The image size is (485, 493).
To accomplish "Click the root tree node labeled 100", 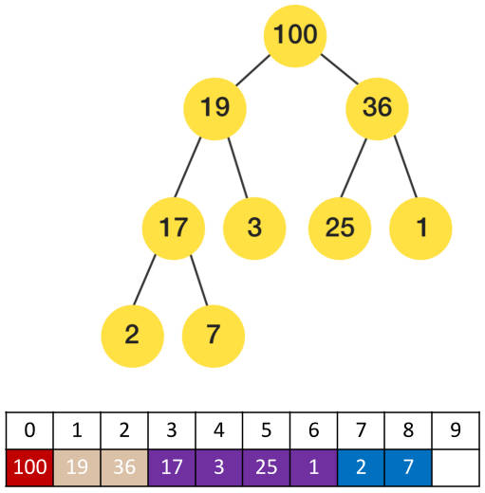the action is tap(295, 36).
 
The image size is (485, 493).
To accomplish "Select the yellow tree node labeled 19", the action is tap(215, 108).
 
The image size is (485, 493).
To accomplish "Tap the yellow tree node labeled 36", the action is tap(377, 108).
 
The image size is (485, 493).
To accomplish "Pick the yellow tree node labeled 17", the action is tap(174, 228).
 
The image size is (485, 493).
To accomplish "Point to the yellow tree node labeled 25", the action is tap(340, 228).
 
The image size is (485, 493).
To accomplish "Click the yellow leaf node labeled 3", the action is tap(254, 228).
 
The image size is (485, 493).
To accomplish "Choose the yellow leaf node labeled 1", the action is tap(420, 228).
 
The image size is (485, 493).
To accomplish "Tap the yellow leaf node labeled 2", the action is tap(132, 336).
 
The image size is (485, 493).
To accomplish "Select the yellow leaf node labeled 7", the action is tap(214, 336).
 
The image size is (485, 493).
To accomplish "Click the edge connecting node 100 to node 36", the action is tap(340, 69).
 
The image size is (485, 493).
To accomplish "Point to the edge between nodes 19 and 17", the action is tap(188, 168).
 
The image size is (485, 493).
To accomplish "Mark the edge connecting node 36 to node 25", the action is tap(354, 168).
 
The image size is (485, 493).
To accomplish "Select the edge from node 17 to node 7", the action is tap(199, 281).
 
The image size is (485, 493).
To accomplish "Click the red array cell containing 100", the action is tap(29, 467).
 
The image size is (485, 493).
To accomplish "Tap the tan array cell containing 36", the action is tap(124, 467).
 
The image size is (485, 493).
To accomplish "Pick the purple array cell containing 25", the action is tap(267, 467).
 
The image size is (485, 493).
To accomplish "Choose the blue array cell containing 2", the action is tap(361, 467).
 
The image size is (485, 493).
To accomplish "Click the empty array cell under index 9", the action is tap(456, 467).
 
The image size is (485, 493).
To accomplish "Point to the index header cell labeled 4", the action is tap(219, 430).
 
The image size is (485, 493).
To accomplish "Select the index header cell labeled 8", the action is tap(408, 430).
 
